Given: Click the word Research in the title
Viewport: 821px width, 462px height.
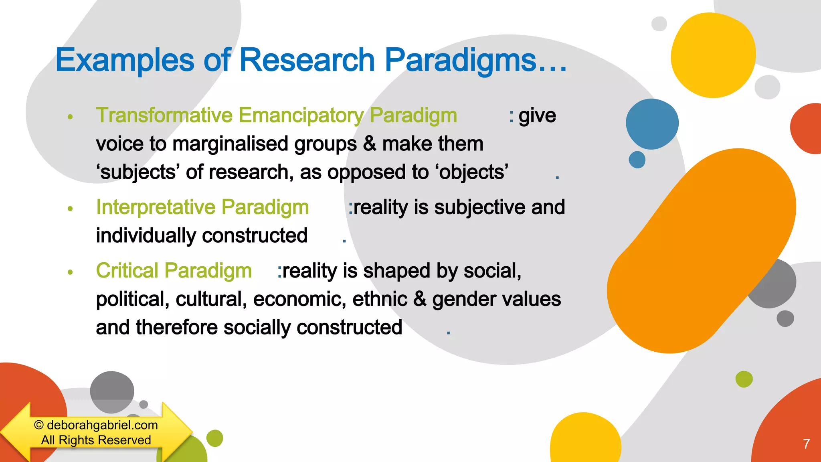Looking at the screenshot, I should coord(307,60).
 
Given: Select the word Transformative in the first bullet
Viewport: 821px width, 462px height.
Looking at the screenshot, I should coord(164,115).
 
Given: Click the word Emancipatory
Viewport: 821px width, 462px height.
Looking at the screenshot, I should coord(301,115).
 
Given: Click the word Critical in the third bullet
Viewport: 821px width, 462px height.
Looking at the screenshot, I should coord(127,271).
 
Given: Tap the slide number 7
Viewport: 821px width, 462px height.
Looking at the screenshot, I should coord(806,444).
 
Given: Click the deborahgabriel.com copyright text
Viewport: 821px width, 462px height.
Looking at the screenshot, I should coord(96,425).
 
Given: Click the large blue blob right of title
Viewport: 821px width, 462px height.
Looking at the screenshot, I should coord(652,124).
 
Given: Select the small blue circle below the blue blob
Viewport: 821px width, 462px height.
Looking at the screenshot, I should coord(637,160).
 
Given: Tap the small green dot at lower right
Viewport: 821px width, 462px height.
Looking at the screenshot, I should coord(744,379).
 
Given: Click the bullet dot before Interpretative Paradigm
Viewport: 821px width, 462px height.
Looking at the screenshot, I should coord(71,209).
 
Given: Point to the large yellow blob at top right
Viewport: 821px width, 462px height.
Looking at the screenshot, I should coord(713,55).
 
